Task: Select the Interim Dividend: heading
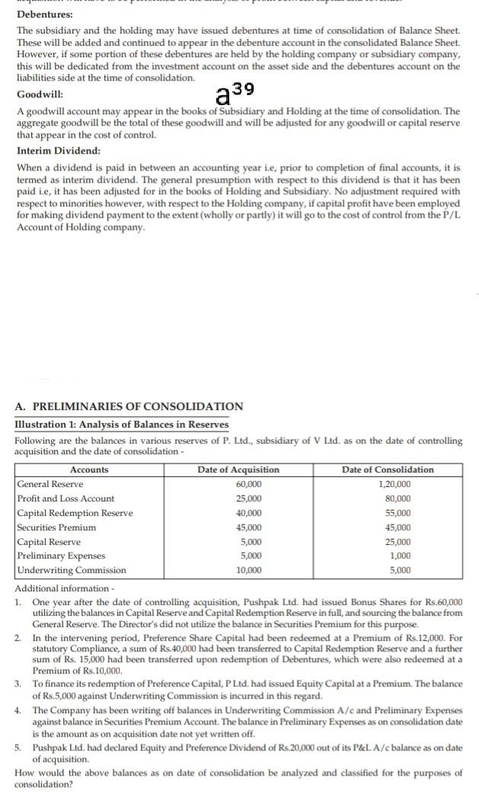coord(58,150)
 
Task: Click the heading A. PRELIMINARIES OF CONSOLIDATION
coord(129,406)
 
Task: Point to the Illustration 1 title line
coord(121,425)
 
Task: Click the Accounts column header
coord(89,470)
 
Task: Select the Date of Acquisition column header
coord(238,470)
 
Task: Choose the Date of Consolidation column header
coord(394,470)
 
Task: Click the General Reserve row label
coord(50,484)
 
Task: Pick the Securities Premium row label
coord(56,527)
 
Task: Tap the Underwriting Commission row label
coord(72,570)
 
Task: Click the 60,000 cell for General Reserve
coord(249,484)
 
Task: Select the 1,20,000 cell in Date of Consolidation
coord(394,484)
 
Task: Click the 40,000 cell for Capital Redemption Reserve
coord(249,513)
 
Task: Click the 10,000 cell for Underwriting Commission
coord(249,570)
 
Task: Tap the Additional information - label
coord(62,588)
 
